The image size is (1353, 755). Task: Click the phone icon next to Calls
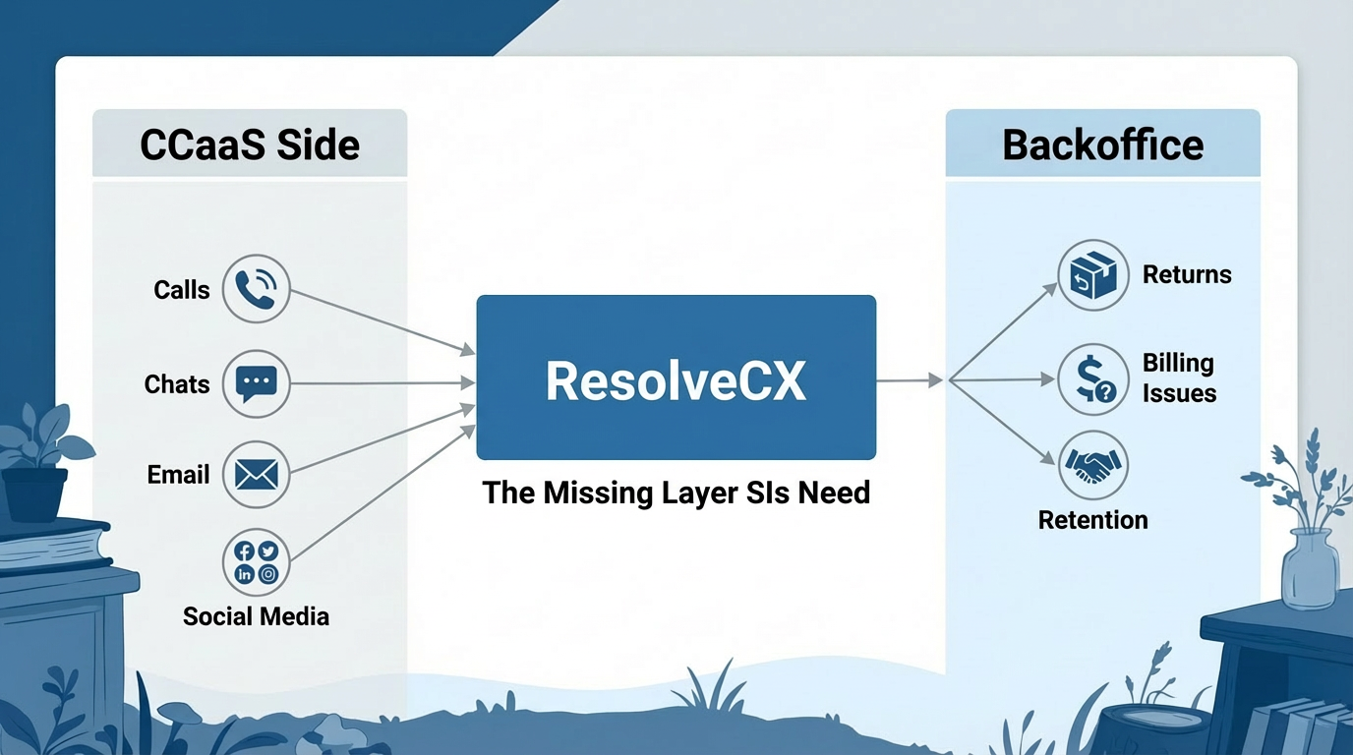click(x=257, y=289)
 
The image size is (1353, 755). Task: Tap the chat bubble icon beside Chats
click(x=257, y=383)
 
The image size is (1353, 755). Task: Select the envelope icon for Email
click(x=257, y=475)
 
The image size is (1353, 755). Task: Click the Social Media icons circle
click(x=257, y=562)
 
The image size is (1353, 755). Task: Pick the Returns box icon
click(x=1092, y=274)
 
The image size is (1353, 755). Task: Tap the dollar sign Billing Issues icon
click(x=1092, y=378)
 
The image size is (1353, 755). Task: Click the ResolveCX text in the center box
click(x=676, y=379)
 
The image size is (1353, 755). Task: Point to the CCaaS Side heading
click(x=250, y=145)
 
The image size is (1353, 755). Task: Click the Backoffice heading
click(x=1102, y=145)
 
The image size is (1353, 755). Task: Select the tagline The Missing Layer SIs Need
click(x=676, y=492)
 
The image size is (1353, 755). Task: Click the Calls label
click(x=182, y=290)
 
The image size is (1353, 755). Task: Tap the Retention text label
click(x=1092, y=519)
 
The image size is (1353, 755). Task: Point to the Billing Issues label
click(x=1178, y=378)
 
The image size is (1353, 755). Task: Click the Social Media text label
click(x=256, y=616)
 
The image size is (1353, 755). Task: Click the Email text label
click(x=178, y=475)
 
